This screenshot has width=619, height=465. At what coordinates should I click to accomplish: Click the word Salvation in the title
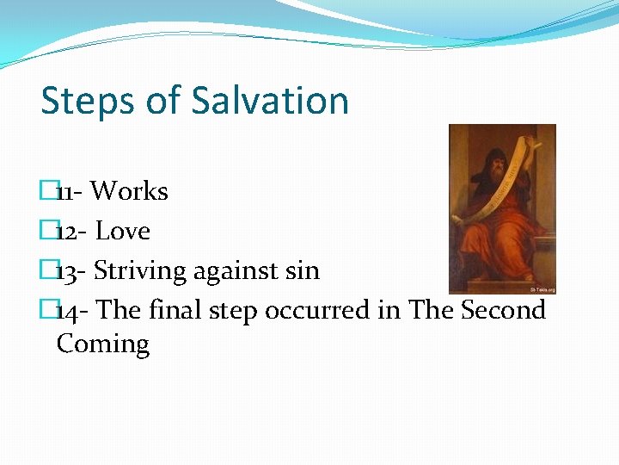click(x=270, y=101)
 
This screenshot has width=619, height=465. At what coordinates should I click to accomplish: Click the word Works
click(x=129, y=191)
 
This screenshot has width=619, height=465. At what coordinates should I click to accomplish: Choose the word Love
click(x=122, y=231)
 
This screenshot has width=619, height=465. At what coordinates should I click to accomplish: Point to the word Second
click(x=504, y=310)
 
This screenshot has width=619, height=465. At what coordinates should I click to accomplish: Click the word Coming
click(x=102, y=344)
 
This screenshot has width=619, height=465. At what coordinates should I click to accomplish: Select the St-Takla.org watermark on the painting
click(x=542, y=289)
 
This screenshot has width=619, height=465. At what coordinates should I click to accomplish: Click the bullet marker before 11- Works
click(x=48, y=191)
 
